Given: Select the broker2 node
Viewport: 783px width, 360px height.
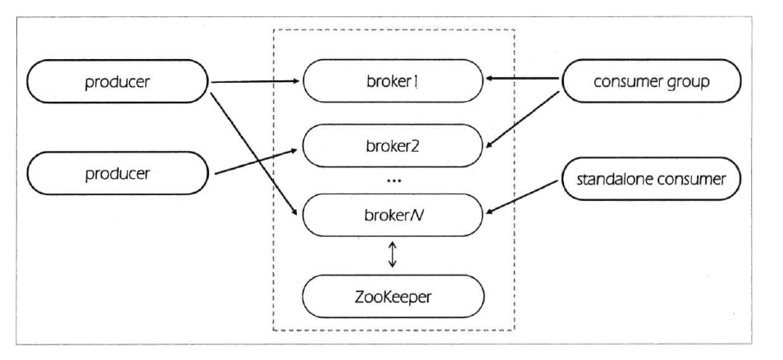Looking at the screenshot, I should coord(392,148).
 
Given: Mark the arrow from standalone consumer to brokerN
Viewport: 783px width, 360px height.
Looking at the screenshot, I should coord(525,196).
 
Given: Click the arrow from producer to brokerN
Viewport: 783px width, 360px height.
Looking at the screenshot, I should coord(257,153).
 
